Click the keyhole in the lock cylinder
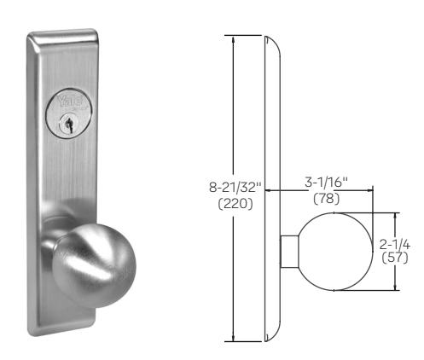coord(68,124)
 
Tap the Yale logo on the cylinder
coord(70,101)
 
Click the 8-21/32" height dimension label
coord(235,188)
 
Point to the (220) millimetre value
coord(235,204)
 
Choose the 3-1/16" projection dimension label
coord(327,183)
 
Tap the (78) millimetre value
coord(327,198)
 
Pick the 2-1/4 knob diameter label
coord(395,245)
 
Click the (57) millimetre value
coord(395,258)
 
